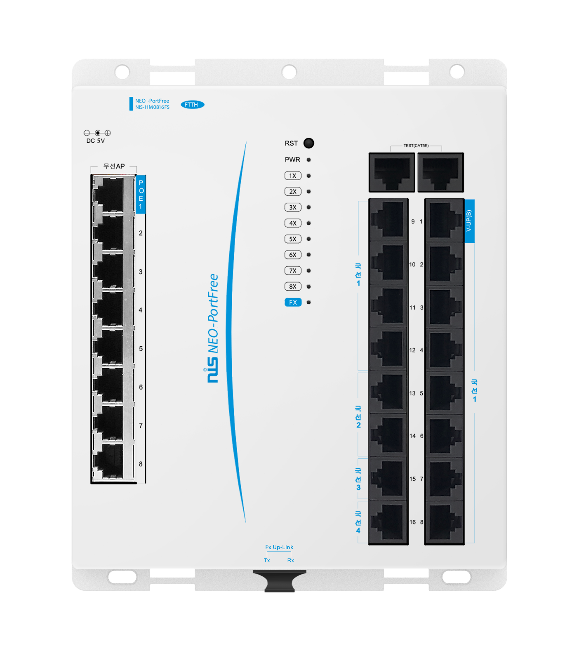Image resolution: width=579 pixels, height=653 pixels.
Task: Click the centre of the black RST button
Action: click(x=308, y=143)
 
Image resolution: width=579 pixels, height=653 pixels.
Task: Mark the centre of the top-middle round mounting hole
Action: click(x=289, y=72)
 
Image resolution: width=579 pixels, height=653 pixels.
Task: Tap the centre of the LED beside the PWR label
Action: click(x=308, y=160)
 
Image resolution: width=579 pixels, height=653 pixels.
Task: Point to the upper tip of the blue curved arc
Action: click(x=246, y=142)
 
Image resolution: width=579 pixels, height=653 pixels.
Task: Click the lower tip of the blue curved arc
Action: click(x=245, y=522)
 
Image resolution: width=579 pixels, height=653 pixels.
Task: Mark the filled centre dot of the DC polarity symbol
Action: click(x=97, y=133)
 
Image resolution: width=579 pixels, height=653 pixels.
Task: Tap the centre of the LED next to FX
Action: click(x=308, y=302)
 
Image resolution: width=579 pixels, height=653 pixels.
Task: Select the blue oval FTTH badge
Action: click(x=193, y=105)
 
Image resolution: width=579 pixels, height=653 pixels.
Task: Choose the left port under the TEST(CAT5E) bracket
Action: click(x=392, y=172)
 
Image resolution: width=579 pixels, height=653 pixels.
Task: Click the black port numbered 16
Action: click(x=388, y=522)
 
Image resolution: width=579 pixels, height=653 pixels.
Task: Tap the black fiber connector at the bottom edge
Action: click(x=280, y=581)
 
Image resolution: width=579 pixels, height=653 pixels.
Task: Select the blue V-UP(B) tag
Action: click(x=469, y=221)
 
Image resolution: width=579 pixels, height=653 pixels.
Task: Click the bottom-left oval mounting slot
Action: click(x=122, y=577)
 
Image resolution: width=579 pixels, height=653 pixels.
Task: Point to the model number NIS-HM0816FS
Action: click(x=152, y=107)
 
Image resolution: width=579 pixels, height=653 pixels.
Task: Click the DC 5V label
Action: click(x=96, y=141)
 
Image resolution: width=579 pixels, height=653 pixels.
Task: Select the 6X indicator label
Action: click(x=293, y=255)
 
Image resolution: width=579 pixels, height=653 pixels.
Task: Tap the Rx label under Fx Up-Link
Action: click(x=291, y=560)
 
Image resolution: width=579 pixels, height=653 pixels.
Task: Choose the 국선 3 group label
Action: click(x=358, y=479)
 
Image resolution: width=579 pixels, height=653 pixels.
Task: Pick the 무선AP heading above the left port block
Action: click(x=114, y=166)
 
